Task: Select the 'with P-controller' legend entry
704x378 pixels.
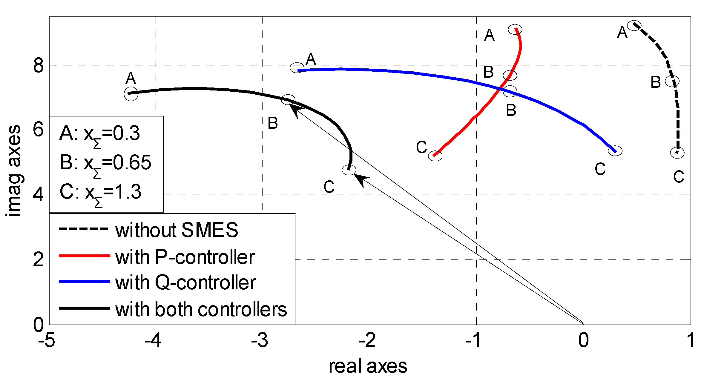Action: pos(185,257)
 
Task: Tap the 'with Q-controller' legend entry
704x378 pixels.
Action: pos(185,282)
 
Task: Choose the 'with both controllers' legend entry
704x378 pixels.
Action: pos(201,309)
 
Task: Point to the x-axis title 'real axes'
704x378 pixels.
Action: pos(368,366)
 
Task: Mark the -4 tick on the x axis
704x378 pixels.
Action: pos(153,340)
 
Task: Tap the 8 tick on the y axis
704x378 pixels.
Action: pos(39,65)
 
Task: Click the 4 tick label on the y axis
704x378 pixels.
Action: pos(39,194)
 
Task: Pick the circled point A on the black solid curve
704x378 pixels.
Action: pos(131,93)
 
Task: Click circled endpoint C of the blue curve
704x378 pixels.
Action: pos(615,151)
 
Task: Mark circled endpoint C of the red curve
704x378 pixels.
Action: pos(435,155)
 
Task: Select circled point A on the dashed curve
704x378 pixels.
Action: pos(634,25)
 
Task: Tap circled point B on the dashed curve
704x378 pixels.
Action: pos(672,81)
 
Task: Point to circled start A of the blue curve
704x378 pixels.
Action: pos(297,68)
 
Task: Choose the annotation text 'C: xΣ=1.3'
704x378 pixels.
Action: pos(100,192)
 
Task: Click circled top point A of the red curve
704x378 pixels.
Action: pos(515,29)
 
